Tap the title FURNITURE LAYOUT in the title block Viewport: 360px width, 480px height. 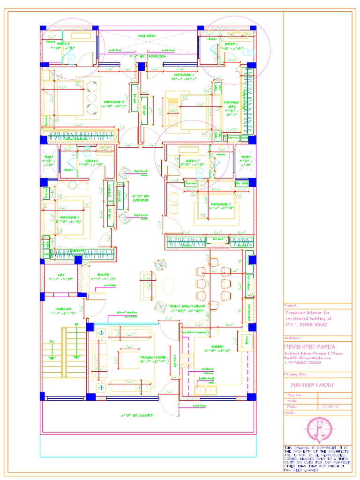[x=310, y=385]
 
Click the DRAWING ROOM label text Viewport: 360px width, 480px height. [x=153, y=359]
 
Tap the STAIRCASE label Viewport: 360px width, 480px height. [x=63, y=309]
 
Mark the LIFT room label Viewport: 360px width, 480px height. [x=61, y=275]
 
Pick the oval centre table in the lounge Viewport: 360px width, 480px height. [x=168, y=285]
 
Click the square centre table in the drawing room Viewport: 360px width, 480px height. [x=127, y=359]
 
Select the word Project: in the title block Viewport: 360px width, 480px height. [x=291, y=305]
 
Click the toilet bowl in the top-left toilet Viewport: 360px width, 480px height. [x=72, y=59]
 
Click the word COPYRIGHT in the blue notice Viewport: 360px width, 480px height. [x=322, y=448]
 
